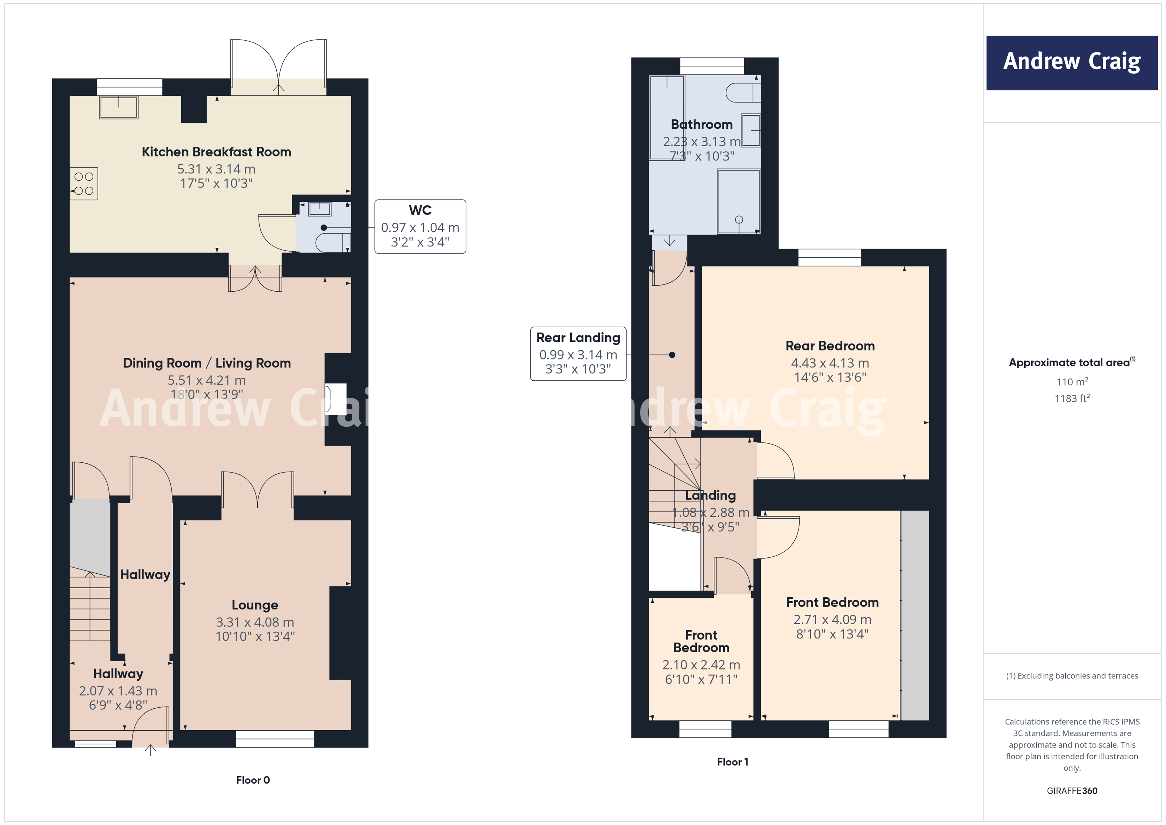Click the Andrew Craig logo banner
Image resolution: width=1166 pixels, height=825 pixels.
pyautogui.click(x=1072, y=63)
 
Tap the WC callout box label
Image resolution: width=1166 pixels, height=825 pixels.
pyautogui.click(x=420, y=210)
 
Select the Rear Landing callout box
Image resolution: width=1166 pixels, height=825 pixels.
pyautogui.click(x=578, y=353)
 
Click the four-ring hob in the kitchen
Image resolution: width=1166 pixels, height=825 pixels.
pyautogui.click(x=84, y=184)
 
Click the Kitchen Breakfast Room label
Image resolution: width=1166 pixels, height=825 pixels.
pyautogui.click(x=216, y=152)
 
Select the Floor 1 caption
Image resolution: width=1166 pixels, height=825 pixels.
pyautogui.click(x=732, y=761)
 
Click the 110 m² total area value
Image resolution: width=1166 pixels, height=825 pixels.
pyautogui.click(x=1072, y=381)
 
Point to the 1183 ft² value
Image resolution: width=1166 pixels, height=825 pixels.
pyautogui.click(x=1072, y=398)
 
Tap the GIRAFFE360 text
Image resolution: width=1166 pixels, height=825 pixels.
pyautogui.click(x=1072, y=790)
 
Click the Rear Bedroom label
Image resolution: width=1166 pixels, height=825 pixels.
pyautogui.click(x=830, y=346)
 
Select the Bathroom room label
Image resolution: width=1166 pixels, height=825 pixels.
pyautogui.click(x=701, y=124)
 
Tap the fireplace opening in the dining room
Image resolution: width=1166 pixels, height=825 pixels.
pyautogui.click(x=335, y=399)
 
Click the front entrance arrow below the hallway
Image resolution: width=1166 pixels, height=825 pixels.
pyautogui.click(x=150, y=750)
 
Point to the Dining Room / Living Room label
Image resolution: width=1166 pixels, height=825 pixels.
pyautogui.click(x=207, y=363)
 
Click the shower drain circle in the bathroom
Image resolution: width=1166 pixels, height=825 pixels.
pyautogui.click(x=739, y=220)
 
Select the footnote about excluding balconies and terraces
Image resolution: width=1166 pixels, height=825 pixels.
pyautogui.click(x=1072, y=675)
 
